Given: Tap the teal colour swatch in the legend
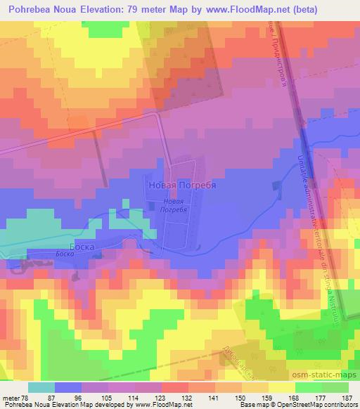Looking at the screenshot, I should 41,387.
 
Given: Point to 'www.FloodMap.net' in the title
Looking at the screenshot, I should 233,10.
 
